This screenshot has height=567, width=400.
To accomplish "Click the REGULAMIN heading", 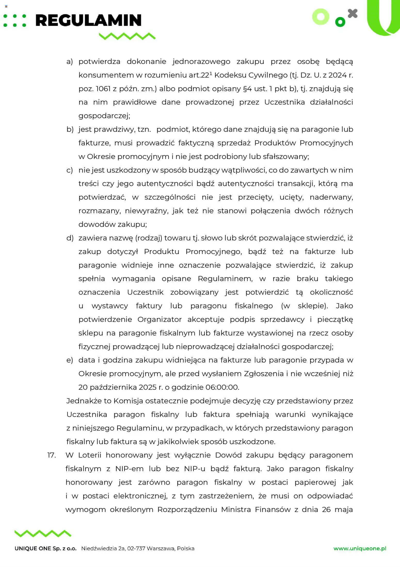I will tap(88, 20).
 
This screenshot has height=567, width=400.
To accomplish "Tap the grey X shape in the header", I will tap(353, 14).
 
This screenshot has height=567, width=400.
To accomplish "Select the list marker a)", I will tap(70, 61).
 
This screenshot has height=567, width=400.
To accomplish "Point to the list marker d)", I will tap(70, 238).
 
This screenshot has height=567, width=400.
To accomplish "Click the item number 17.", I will tap(52, 455).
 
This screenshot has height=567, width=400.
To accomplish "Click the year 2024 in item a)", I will tap(338, 75).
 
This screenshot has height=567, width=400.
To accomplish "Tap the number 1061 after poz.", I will tap(103, 89).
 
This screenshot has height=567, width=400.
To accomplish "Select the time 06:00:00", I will tap(222, 387).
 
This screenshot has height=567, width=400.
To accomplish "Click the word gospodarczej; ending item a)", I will tap(104, 116).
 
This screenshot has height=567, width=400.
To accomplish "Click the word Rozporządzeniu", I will tap(188, 509).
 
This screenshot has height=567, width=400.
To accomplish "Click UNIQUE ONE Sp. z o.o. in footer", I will tap(46, 549).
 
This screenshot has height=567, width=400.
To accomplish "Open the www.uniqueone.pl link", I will tap(360, 549).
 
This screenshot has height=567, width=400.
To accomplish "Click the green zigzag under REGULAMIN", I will tap(127, 36).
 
